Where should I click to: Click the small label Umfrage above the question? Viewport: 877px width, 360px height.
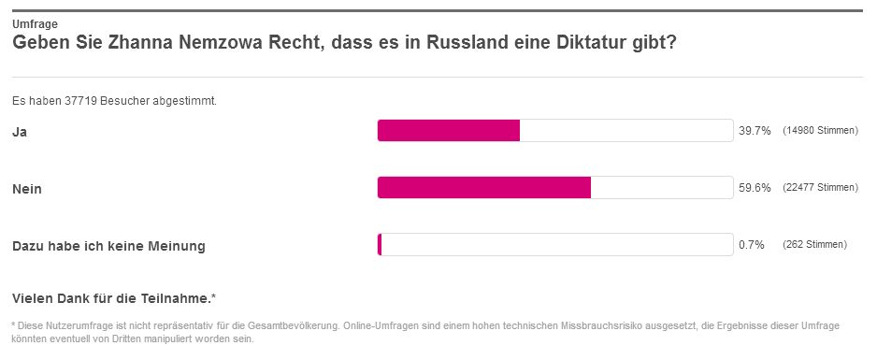pyautogui.click(x=35, y=24)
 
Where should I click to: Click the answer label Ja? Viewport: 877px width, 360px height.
pyautogui.click(x=20, y=132)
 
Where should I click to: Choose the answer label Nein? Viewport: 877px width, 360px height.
pyautogui.click(x=27, y=189)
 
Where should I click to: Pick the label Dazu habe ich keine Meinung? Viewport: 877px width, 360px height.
pyautogui.click(x=108, y=246)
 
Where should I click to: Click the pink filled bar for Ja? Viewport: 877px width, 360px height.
pyautogui.click(x=449, y=130)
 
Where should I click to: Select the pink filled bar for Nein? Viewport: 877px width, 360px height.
pyautogui.click(x=484, y=187)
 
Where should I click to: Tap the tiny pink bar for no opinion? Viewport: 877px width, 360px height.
pyautogui.click(x=380, y=245)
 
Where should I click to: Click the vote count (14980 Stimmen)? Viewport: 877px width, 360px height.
pyautogui.click(x=820, y=131)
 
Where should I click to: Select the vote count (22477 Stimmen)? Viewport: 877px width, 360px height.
pyautogui.click(x=820, y=188)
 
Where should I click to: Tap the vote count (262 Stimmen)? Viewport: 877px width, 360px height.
pyautogui.click(x=814, y=245)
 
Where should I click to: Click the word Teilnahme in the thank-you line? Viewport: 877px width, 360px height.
pyautogui.click(x=180, y=299)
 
